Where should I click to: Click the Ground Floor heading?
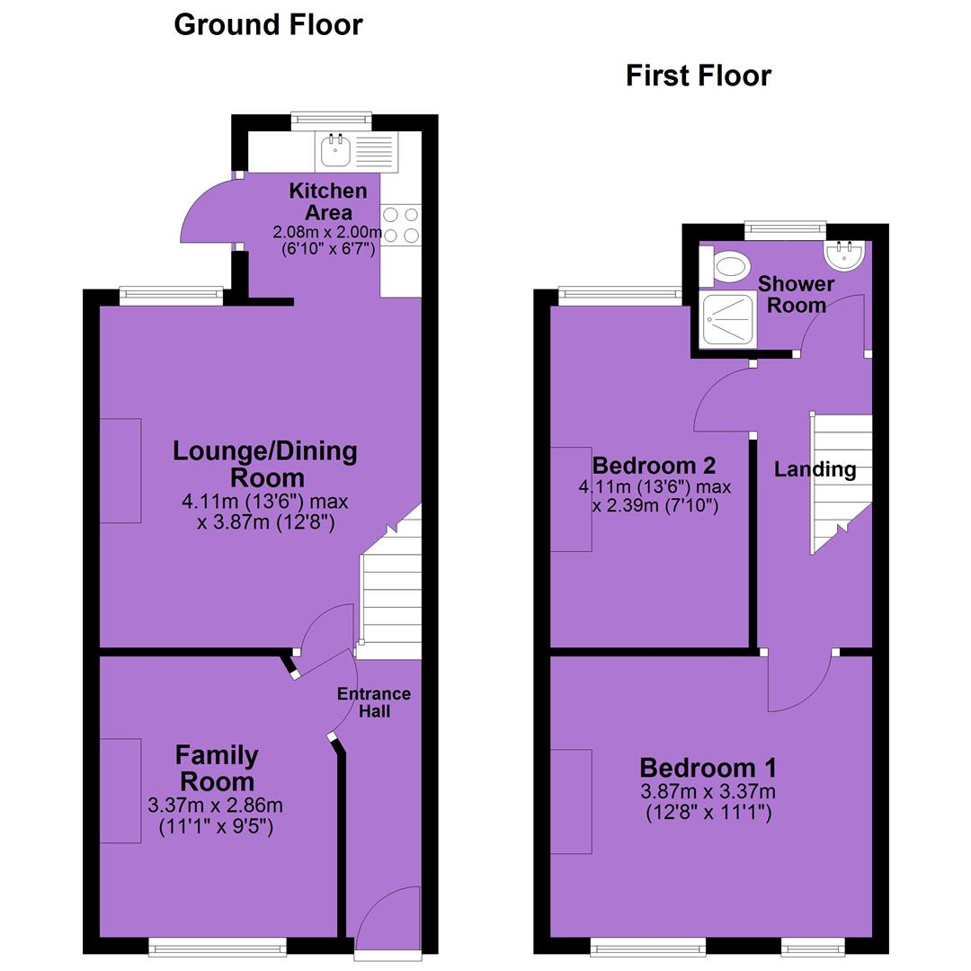(x=268, y=25)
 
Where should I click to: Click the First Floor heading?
(x=699, y=76)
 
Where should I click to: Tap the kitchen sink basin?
(x=335, y=150)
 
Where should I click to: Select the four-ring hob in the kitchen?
(x=401, y=226)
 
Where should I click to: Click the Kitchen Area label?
(x=328, y=201)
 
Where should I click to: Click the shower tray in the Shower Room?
(x=727, y=320)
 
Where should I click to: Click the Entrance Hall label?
(x=374, y=702)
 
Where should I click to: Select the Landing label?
(x=815, y=469)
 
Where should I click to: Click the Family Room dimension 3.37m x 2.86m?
(x=216, y=805)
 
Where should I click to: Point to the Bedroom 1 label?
(x=708, y=768)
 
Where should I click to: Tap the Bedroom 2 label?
(x=654, y=465)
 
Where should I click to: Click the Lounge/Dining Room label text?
(x=265, y=464)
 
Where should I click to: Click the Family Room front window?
(x=218, y=946)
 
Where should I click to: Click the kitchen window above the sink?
(x=331, y=121)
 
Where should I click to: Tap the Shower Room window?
(x=785, y=230)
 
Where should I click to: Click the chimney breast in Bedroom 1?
(x=571, y=801)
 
